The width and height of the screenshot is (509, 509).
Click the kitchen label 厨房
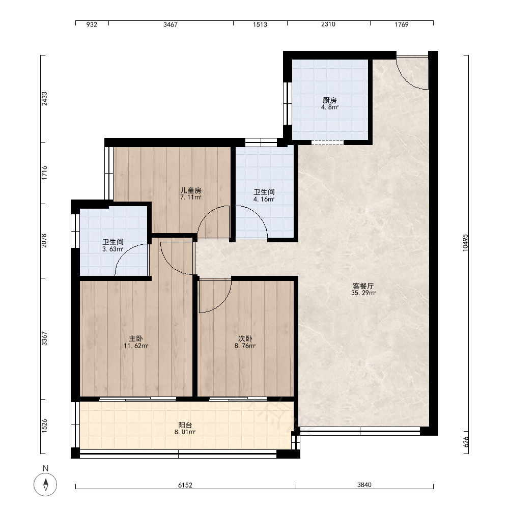pos(329,100)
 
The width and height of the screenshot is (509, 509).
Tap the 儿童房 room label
pos(190,190)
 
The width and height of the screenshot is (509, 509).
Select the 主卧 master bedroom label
pos(136,339)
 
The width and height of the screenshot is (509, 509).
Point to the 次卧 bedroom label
pos(245,339)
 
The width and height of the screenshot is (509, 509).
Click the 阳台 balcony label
pos(185,425)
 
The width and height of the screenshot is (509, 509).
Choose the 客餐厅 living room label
pos(363,286)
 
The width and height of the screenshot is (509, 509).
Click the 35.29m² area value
pos(363,293)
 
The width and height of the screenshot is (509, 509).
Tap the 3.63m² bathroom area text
pos(112,249)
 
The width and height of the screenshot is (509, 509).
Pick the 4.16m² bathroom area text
pos(264,200)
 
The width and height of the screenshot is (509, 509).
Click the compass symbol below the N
pos(45,485)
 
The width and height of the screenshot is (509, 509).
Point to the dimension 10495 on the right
pos(466,243)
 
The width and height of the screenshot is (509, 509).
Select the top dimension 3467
pos(171,24)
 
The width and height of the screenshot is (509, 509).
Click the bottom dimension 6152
pos(185,485)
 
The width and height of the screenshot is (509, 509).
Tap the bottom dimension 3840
pos(364,485)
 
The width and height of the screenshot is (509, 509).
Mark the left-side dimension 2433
pos(44,99)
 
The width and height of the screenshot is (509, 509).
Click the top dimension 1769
pos(401,24)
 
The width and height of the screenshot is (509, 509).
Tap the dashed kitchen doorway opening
pos(327,143)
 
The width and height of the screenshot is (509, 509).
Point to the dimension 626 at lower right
pos(466,441)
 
